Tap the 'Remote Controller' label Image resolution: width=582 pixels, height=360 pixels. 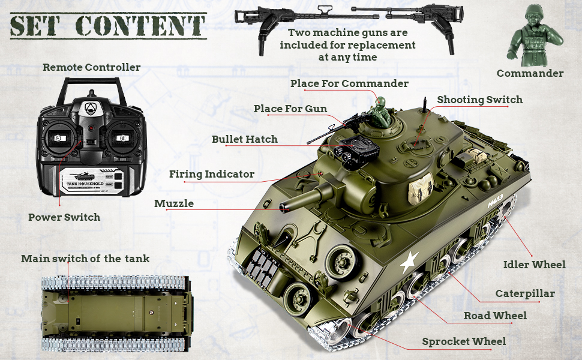coord(91,67)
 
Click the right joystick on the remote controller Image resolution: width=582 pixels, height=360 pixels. coord(122,137)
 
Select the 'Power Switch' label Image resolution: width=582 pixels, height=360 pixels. coord(64,217)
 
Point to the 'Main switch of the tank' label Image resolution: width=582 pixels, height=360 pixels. coord(85,259)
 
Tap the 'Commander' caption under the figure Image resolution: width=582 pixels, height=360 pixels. coord(530,73)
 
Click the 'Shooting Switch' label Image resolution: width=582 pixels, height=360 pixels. coord(479,100)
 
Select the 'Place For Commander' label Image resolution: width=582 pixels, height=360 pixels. coord(349,83)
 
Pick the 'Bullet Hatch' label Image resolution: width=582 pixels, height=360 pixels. coord(244,139)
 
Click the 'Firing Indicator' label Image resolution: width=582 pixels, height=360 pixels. coord(212,174)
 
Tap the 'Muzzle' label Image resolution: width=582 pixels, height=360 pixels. coord(174,203)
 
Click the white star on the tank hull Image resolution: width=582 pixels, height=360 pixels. coord(410,261)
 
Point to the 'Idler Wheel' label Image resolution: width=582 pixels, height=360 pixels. coord(534,264)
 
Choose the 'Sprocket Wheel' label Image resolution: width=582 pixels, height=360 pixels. coord(464,341)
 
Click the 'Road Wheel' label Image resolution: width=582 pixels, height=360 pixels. coord(495,316)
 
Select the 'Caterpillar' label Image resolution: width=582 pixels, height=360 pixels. coord(525,293)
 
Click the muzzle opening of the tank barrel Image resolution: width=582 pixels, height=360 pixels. coord(283,208)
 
